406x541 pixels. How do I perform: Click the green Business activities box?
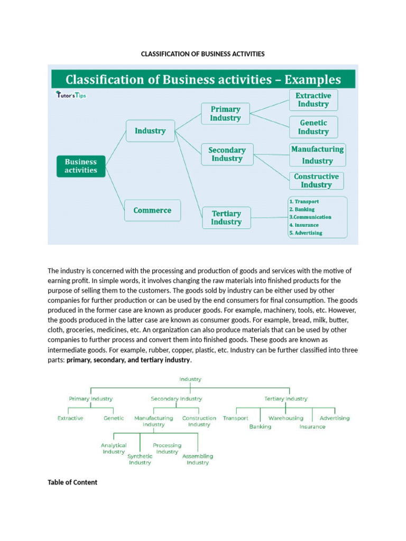click(81, 166)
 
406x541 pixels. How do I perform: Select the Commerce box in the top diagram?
click(152, 210)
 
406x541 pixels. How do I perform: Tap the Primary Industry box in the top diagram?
click(225, 114)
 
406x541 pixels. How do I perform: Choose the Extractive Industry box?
click(313, 100)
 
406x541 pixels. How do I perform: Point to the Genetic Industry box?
click(313, 127)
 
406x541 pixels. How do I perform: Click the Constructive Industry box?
click(316, 181)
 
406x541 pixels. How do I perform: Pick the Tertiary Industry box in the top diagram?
click(226, 218)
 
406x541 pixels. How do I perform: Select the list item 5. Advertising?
click(306, 232)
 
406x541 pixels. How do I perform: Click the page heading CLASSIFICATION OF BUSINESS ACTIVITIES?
click(202, 54)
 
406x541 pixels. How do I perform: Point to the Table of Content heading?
click(72, 482)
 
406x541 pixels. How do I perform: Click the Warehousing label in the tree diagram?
click(286, 418)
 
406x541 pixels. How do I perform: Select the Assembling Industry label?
click(198, 459)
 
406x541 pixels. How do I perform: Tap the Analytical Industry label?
click(114, 449)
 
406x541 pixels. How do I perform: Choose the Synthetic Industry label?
click(140, 459)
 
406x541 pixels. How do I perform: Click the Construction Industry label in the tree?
click(199, 421)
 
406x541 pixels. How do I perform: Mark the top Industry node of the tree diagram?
click(190, 379)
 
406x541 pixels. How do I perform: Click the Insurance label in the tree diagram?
click(312, 426)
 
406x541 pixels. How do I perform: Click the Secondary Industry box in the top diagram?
click(227, 154)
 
